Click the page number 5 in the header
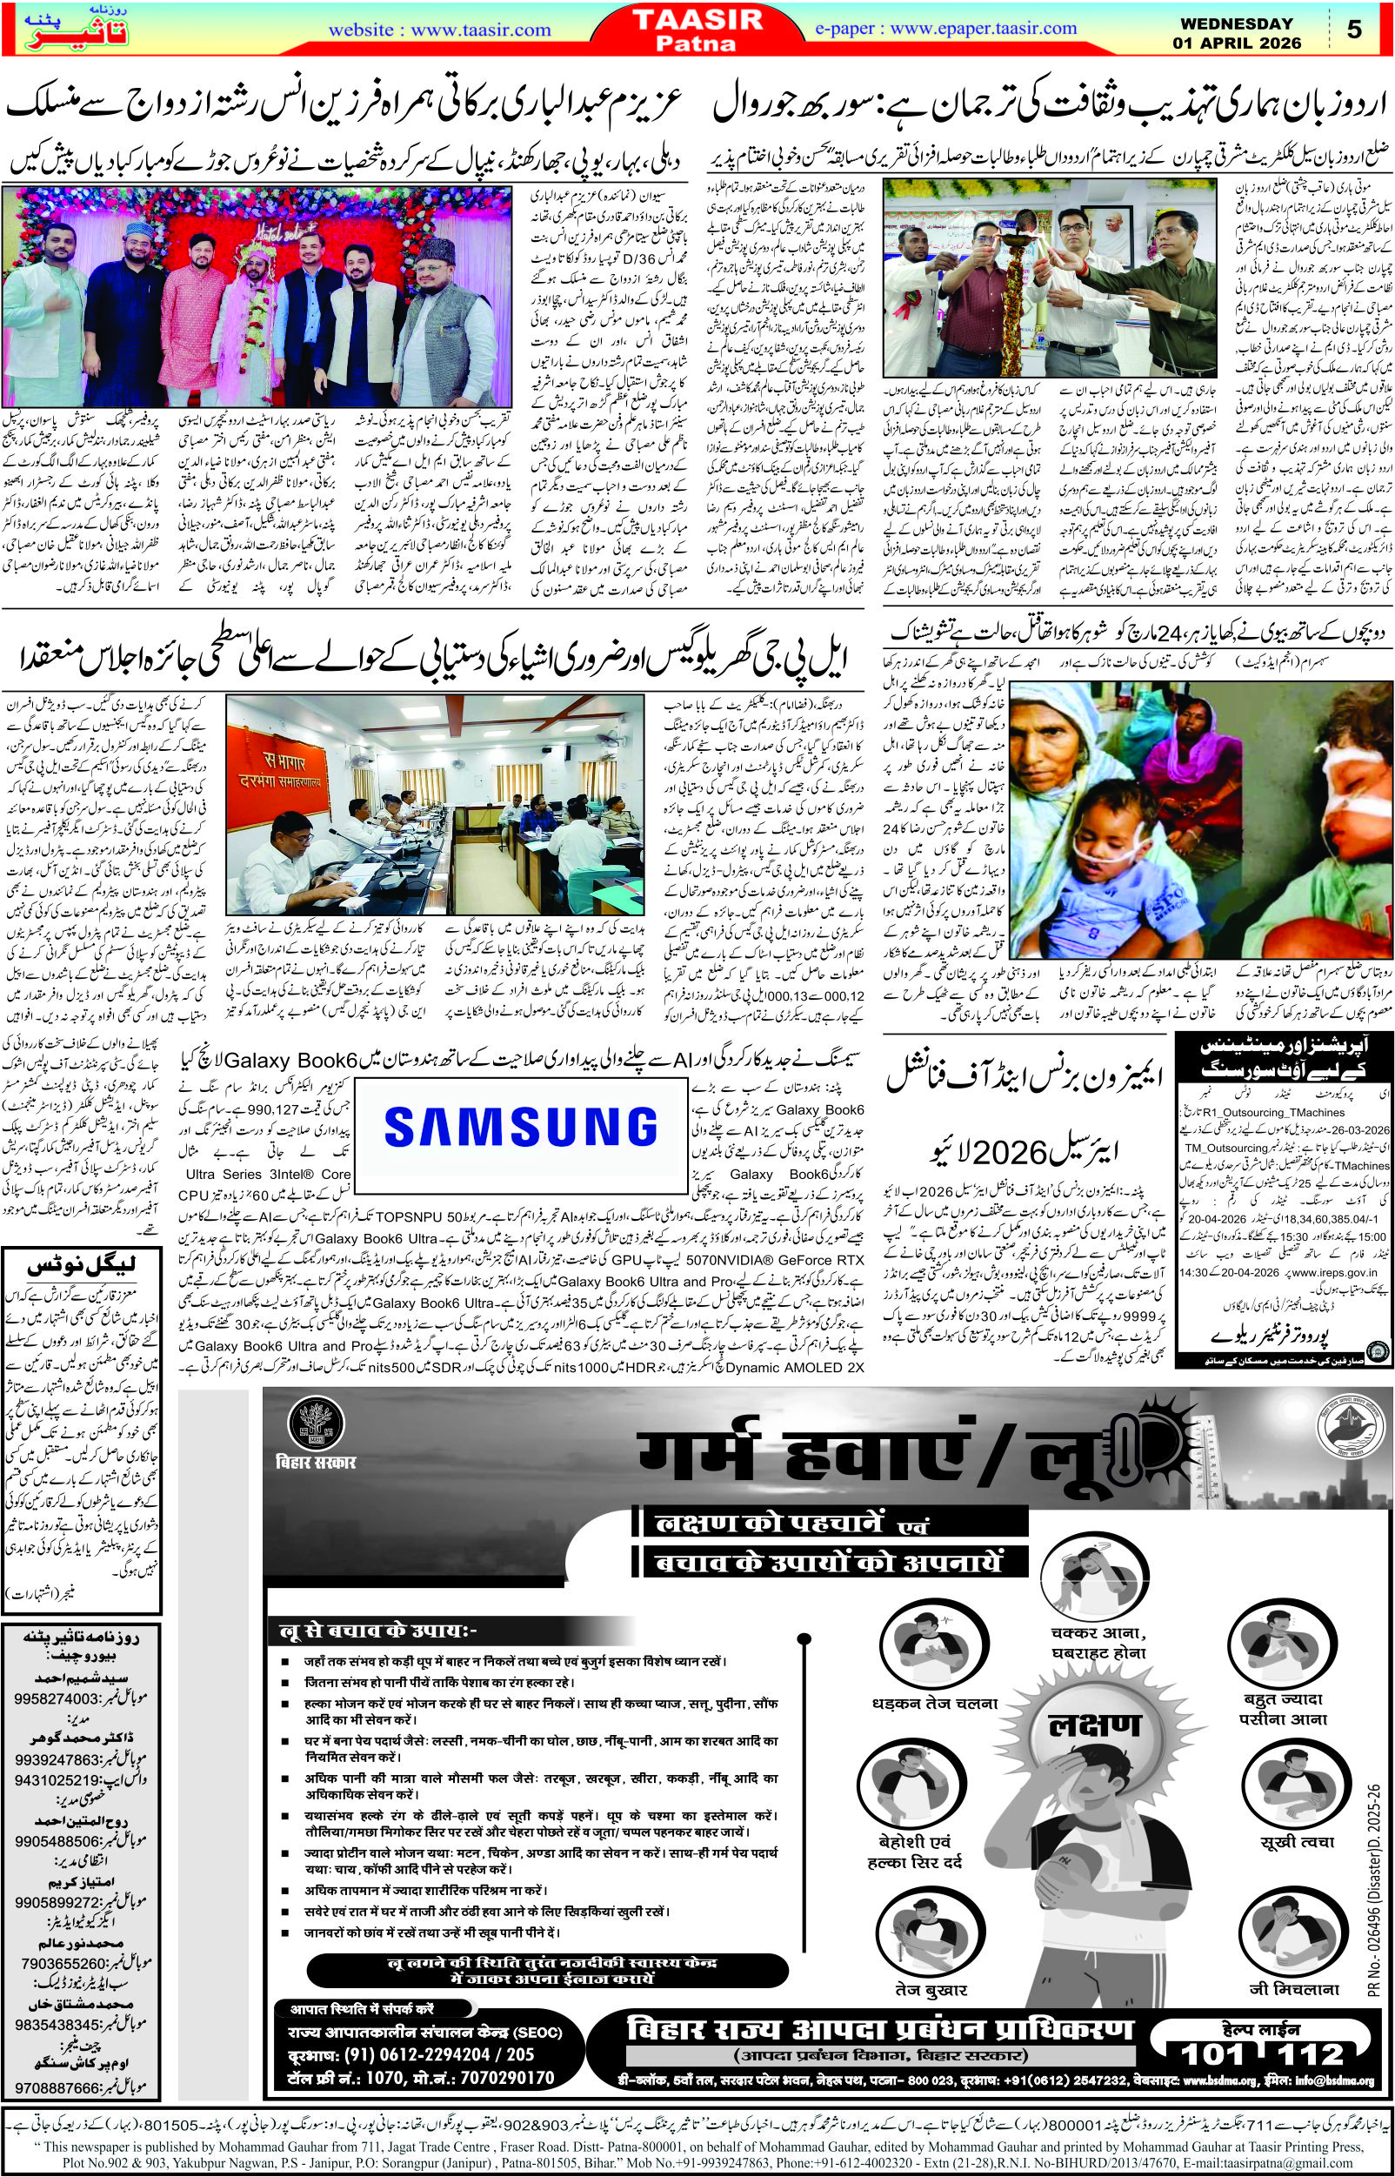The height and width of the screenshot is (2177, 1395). (x=1355, y=30)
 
